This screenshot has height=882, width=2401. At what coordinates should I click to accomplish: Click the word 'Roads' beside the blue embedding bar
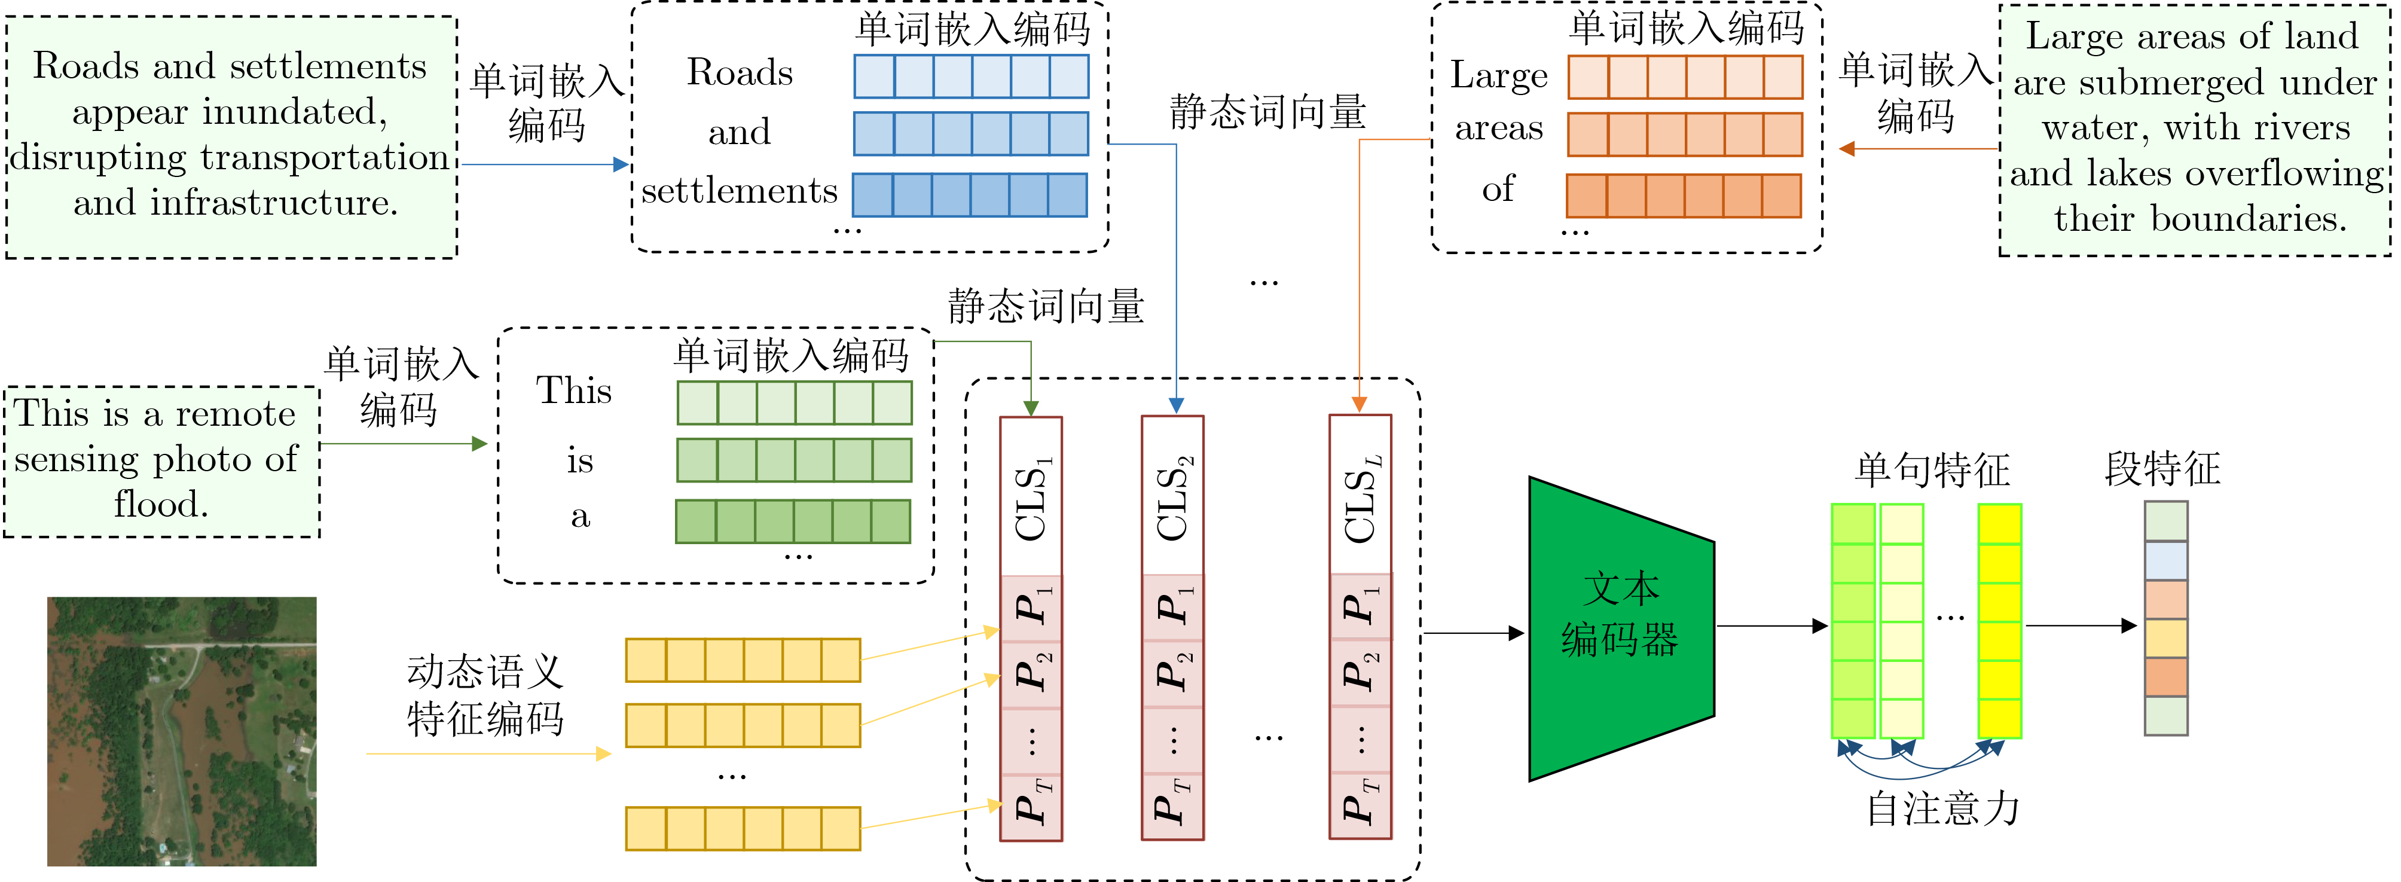tap(740, 74)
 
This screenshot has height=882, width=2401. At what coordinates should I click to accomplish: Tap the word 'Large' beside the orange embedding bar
tap(1499, 75)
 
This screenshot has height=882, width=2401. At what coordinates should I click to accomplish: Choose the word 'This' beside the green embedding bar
tap(574, 390)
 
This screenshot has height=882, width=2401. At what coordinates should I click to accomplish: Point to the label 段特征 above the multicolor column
tap(2162, 469)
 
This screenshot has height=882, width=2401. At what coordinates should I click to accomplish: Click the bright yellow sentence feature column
tap(1999, 621)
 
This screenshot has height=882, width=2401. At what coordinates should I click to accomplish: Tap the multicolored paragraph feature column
tap(2165, 619)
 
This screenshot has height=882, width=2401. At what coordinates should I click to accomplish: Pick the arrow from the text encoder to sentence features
tap(1771, 625)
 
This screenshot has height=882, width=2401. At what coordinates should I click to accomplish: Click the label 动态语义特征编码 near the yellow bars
tap(485, 695)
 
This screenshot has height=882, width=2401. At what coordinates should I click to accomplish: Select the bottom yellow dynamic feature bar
tap(743, 829)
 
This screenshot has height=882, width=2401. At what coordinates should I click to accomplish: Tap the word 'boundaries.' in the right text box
tap(2248, 219)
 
